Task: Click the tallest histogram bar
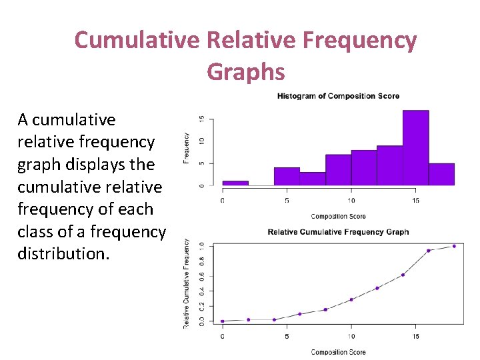tap(415, 148)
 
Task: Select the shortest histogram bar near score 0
tap(235, 183)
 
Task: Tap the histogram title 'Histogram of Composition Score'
tap(338, 96)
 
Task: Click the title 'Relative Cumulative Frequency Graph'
tap(338, 232)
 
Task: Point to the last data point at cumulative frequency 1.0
tap(454, 246)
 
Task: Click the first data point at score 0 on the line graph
tap(223, 321)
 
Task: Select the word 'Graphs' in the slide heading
tap(245, 71)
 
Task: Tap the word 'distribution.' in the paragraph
tap(63, 254)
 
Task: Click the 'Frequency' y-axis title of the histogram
tap(186, 147)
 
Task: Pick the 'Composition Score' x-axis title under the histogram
tap(338, 216)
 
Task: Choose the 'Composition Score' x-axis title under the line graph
tap(338, 352)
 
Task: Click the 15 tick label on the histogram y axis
tap(202, 119)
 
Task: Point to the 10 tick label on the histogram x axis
tap(351, 200)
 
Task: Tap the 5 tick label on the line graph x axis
tap(287, 336)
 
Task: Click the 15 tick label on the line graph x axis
tap(415, 336)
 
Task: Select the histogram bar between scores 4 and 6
tap(287, 176)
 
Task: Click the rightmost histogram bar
tap(441, 174)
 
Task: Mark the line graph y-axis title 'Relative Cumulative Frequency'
tap(186, 283)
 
